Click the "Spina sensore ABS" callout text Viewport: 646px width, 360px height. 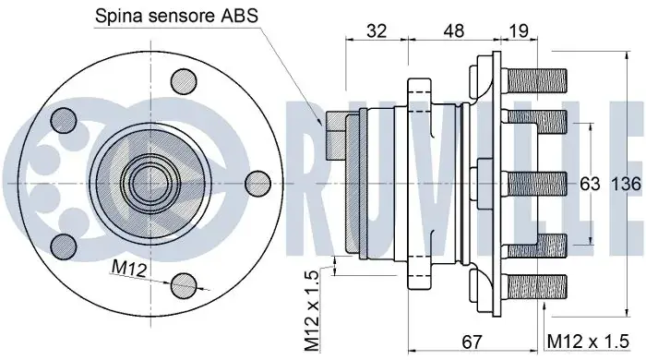pyautogui.click(x=176, y=16)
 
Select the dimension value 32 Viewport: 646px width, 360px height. pyautogui.click(x=377, y=30)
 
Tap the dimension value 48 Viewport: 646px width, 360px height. pyautogui.click(x=454, y=30)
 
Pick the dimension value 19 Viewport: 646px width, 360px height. pyautogui.click(x=519, y=30)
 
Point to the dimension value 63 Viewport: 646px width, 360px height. pyautogui.click(x=590, y=184)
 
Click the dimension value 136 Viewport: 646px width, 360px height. pyautogui.click(x=626, y=184)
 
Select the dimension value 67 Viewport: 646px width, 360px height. pyautogui.click(x=472, y=342)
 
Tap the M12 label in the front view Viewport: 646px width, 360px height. pyautogui.click(x=129, y=269)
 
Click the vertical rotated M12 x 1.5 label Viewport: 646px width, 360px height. pyautogui.click(x=312, y=311)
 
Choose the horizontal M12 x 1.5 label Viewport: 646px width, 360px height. pyautogui.click(x=589, y=342)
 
